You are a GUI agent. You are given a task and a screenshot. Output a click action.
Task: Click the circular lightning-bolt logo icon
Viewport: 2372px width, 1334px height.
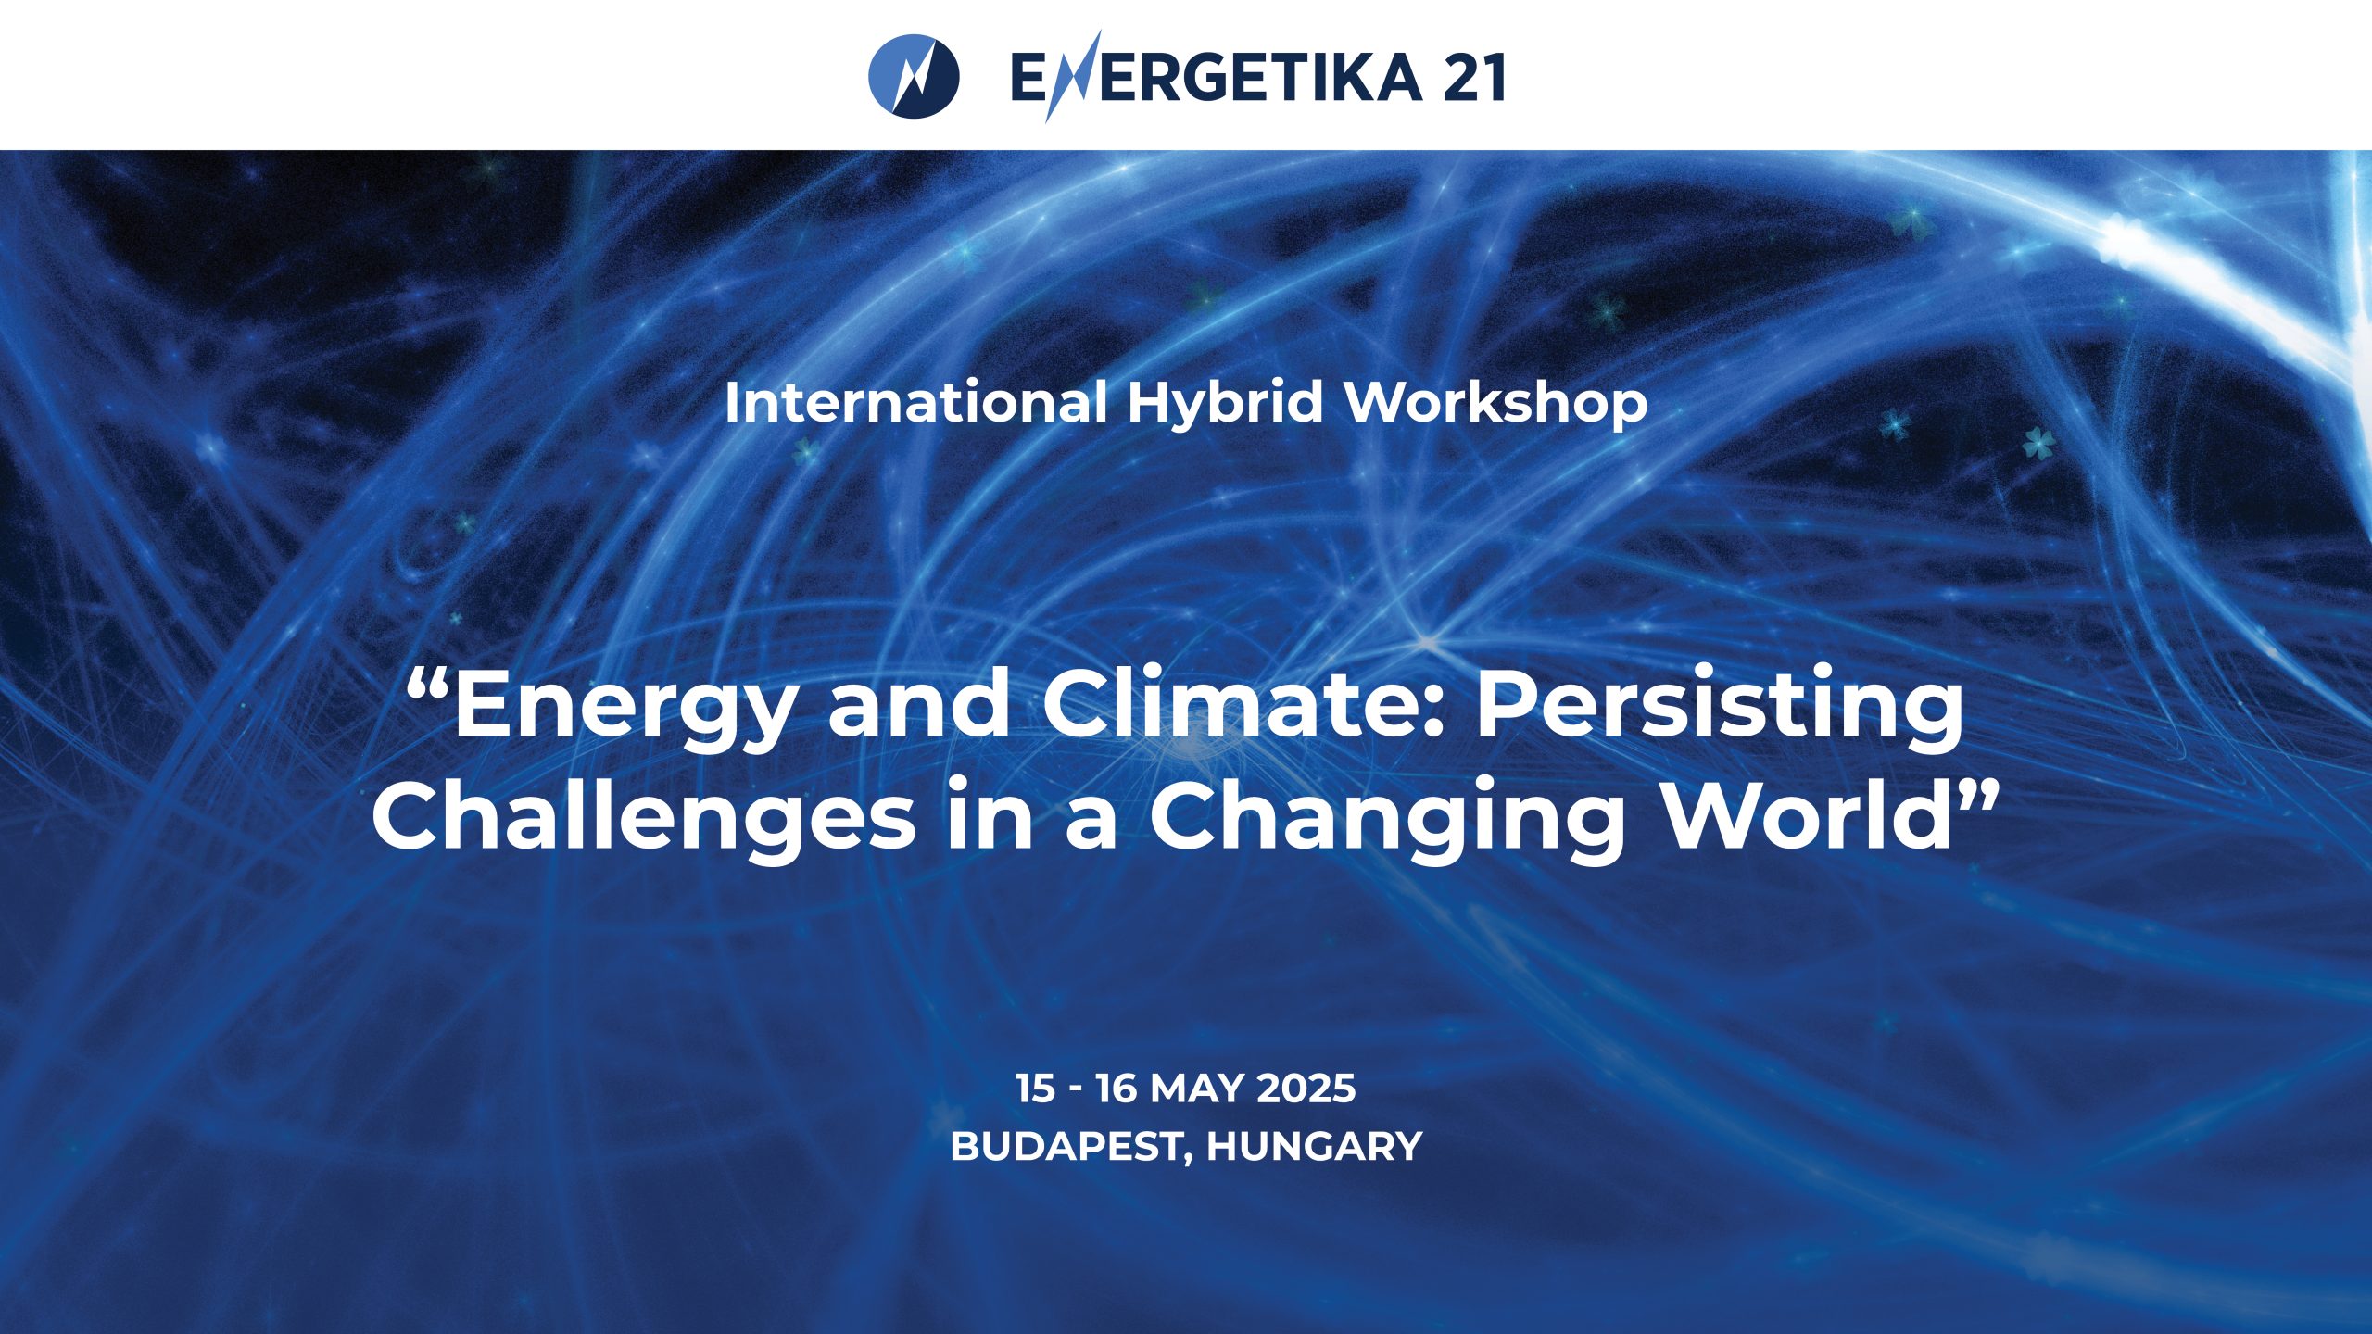click(x=914, y=76)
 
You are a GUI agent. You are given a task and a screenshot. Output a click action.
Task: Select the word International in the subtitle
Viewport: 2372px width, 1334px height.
click(x=915, y=403)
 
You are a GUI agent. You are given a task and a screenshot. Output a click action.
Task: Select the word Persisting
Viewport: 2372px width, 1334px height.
click(x=1720, y=709)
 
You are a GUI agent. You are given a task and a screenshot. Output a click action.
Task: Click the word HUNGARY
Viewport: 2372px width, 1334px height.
click(x=1314, y=1147)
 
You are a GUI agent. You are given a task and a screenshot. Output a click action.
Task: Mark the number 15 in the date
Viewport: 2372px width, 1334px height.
click(x=1035, y=1089)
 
